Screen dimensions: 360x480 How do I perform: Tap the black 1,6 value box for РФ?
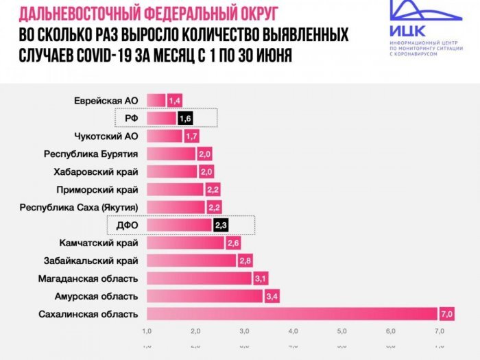(184, 118)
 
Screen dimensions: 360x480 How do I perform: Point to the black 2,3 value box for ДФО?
(221, 225)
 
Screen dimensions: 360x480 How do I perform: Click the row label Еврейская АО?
(106, 101)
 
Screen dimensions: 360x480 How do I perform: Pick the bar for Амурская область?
(204, 296)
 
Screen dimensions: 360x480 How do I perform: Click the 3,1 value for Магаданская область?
(261, 278)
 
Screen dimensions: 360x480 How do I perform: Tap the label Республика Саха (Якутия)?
(80, 207)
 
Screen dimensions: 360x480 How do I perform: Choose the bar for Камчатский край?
(185, 243)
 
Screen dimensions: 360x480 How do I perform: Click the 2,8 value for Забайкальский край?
(245, 261)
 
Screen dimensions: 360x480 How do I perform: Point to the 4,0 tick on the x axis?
(293, 332)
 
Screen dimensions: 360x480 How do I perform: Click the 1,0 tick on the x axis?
(147, 332)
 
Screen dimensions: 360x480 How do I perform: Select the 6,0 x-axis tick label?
(390, 332)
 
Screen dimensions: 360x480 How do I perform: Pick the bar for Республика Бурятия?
(171, 154)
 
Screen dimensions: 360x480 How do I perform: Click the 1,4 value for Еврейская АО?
(174, 101)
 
